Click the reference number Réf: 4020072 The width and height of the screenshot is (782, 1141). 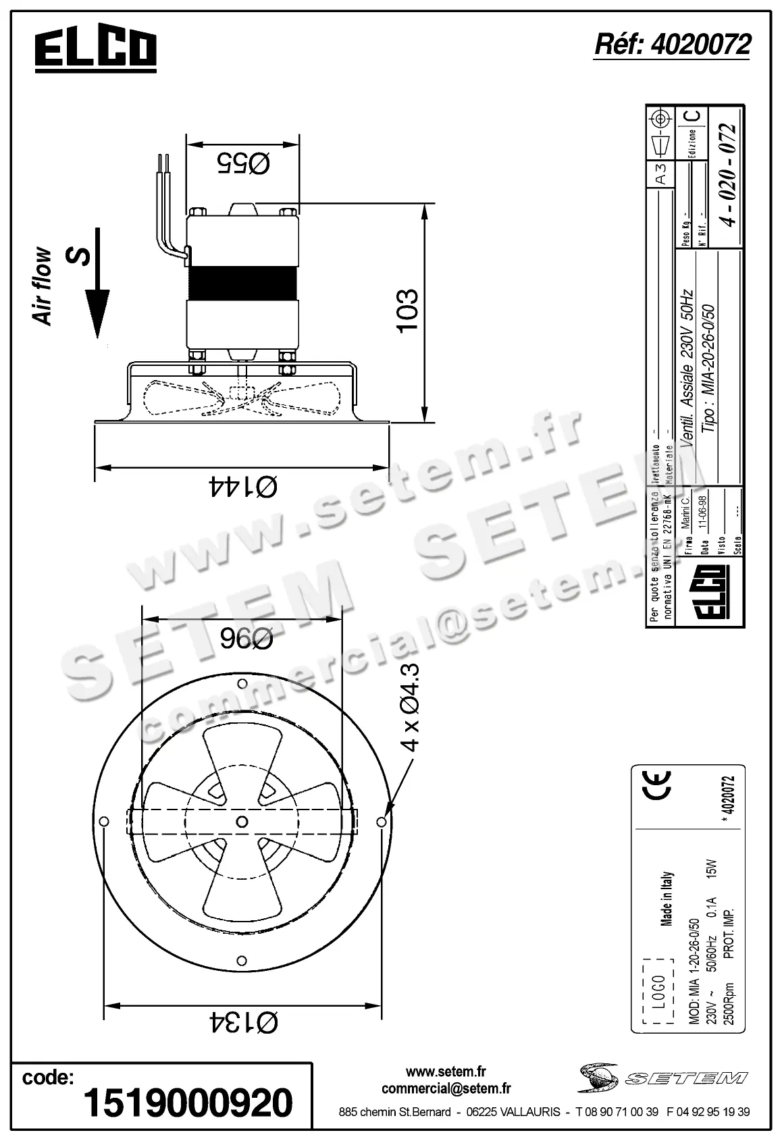click(x=672, y=45)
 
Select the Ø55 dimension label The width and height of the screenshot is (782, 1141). click(x=243, y=163)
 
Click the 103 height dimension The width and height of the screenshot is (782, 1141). click(x=407, y=311)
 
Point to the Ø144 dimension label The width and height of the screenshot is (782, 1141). click(x=242, y=486)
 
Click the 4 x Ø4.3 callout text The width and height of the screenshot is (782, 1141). click(x=410, y=707)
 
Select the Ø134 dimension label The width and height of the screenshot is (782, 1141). click(x=243, y=1022)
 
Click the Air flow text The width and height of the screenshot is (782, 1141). click(x=42, y=286)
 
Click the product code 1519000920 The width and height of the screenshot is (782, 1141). click(x=188, y=1103)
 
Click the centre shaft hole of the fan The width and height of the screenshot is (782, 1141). click(x=242, y=820)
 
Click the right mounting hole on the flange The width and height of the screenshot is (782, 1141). click(x=382, y=822)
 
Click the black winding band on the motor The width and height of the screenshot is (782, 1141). click(x=242, y=282)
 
